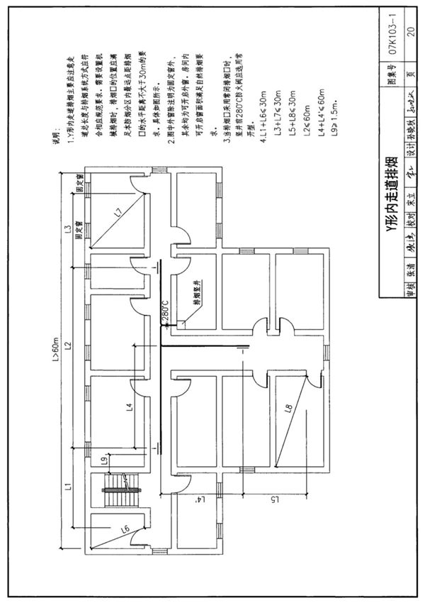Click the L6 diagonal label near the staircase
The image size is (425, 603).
(x=125, y=528)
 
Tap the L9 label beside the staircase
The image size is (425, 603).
(x=104, y=463)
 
